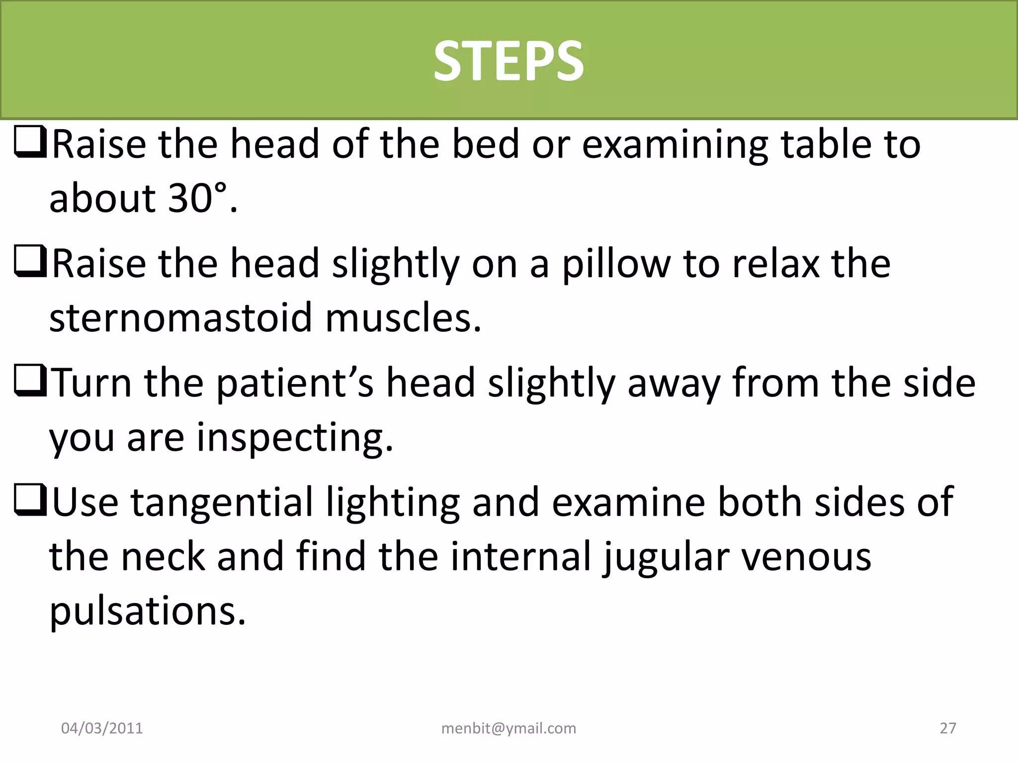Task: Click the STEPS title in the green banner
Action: pos(509,61)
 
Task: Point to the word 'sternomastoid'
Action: pos(180,317)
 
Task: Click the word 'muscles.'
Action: pos(403,317)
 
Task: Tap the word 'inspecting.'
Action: pos(295,438)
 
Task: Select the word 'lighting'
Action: pos(393,502)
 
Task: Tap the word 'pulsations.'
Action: pos(148,611)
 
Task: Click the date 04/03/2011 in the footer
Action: pos(102,728)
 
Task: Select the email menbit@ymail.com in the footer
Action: pos(509,728)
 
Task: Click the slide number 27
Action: pos(948,728)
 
